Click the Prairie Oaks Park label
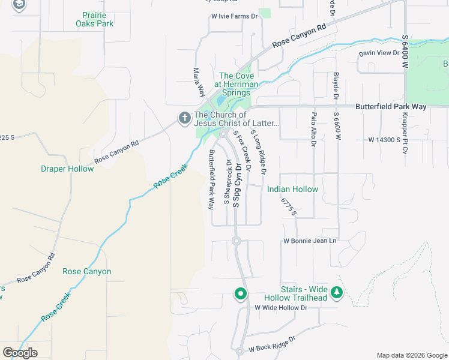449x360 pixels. coord(94,19)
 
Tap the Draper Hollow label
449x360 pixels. coord(67,169)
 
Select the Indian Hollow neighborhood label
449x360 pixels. coord(292,189)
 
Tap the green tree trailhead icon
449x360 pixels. coord(337,293)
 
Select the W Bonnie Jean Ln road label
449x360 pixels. coord(310,241)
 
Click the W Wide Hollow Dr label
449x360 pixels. coord(281,308)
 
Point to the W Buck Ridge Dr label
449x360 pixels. coord(273,343)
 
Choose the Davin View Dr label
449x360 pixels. coord(379,53)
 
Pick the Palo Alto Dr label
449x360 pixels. coord(313,128)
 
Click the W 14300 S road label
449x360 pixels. coord(384,139)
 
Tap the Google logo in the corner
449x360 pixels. coord(20,352)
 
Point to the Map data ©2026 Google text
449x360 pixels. coord(412,355)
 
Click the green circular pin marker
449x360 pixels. coord(241,294)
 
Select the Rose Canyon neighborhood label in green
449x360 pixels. coord(86,272)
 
